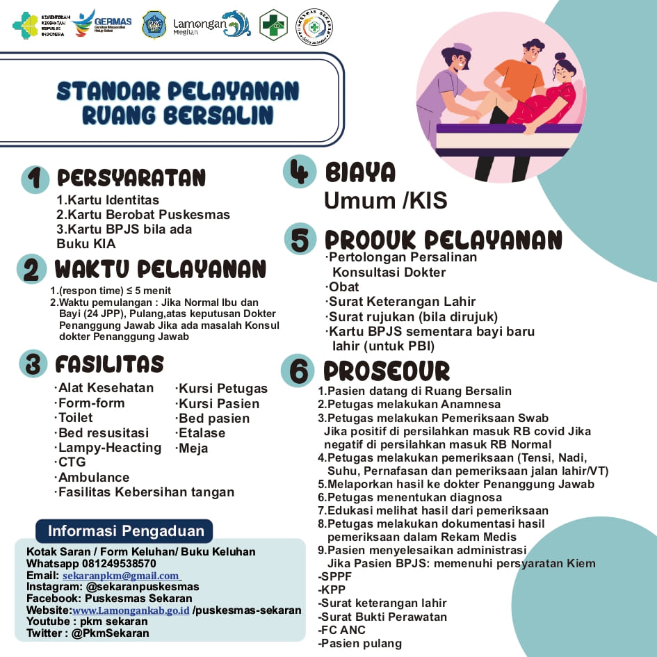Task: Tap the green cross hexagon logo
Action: pos(273,25)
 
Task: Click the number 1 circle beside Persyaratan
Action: pos(35,179)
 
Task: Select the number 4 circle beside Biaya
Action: pos(300,171)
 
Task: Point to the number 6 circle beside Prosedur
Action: pos(298,371)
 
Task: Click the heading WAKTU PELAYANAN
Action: pos(161,269)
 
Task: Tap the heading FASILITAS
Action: pos(110,364)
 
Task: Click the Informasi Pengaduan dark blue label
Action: pos(126,531)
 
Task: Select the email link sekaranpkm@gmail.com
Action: pos(121,576)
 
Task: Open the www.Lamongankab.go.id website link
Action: pos(131,610)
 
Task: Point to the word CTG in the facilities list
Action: pos(72,462)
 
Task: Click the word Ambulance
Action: pos(93,477)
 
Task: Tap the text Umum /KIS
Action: pos(385,201)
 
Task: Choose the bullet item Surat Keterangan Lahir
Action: pos(402,302)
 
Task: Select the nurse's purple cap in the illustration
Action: pos(460,49)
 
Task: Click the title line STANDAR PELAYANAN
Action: pos(178,91)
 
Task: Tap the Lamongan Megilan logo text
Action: pos(200,25)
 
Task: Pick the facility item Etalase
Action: pos(202,433)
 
